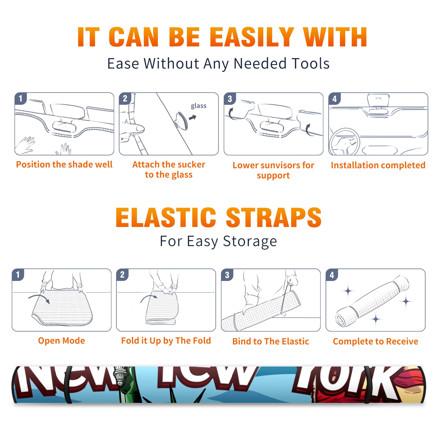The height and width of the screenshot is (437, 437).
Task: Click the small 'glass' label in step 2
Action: coord(199,106)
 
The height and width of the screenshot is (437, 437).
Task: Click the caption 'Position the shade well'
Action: coord(64,164)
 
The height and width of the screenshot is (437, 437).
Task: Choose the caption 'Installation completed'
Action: coord(378,165)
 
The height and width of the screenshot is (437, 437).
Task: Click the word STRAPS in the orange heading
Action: coord(274,217)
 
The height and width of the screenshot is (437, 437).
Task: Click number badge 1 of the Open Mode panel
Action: coord(18,274)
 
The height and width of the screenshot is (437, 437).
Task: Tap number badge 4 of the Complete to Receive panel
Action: coord(332,275)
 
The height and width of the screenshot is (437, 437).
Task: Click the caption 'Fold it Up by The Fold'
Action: coord(166,341)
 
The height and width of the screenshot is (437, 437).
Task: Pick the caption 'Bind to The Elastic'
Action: coord(271,341)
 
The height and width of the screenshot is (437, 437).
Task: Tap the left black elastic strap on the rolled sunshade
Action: coord(68,385)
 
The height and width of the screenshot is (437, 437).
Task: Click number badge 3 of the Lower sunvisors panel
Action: coord(230,99)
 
